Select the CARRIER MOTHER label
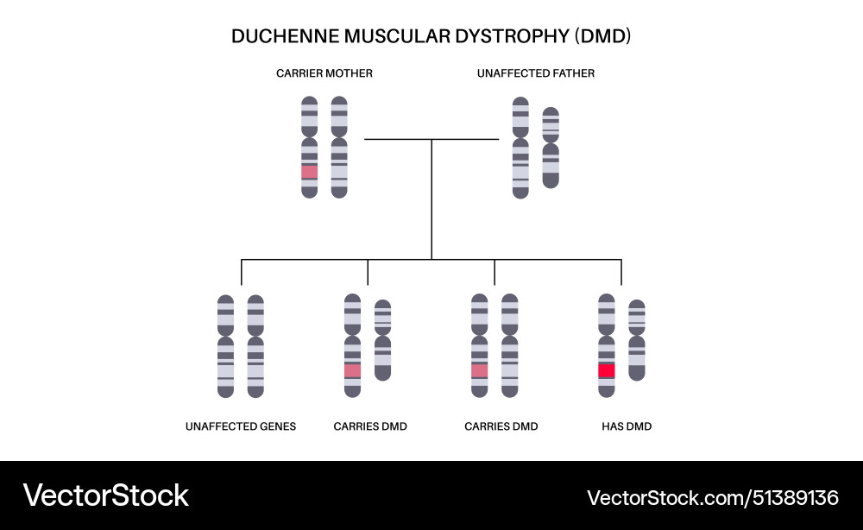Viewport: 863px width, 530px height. pyautogui.click(x=324, y=73)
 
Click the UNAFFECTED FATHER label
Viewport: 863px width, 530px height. pyautogui.click(x=536, y=73)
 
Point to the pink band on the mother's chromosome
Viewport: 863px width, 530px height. pyautogui.click(x=310, y=172)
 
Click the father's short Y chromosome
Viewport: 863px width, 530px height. pyautogui.click(x=551, y=148)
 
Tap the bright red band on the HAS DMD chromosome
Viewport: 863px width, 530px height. pyautogui.click(x=607, y=370)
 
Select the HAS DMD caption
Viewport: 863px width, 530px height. pyautogui.click(x=627, y=426)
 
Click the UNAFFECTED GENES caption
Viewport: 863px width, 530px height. pyautogui.click(x=241, y=426)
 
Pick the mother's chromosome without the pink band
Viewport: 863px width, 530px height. pyautogui.click(x=339, y=147)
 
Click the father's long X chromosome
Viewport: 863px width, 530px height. pyautogui.click(x=520, y=148)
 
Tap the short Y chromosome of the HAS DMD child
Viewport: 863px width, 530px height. pyautogui.click(x=637, y=340)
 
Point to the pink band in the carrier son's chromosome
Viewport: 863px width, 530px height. pyautogui.click(x=352, y=370)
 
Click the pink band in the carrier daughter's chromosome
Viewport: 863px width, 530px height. pyautogui.click(x=480, y=370)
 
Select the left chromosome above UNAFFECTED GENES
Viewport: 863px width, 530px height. pyautogui.click(x=225, y=346)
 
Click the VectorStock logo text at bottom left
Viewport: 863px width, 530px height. pyautogui.click(x=105, y=495)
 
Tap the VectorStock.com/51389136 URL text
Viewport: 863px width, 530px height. pyautogui.click(x=713, y=497)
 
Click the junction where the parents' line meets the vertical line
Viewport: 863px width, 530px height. pyautogui.click(x=431, y=139)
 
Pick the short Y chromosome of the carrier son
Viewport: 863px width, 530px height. pyautogui.click(x=383, y=340)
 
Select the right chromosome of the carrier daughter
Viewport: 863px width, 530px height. pyautogui.click(x=510, y=346)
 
